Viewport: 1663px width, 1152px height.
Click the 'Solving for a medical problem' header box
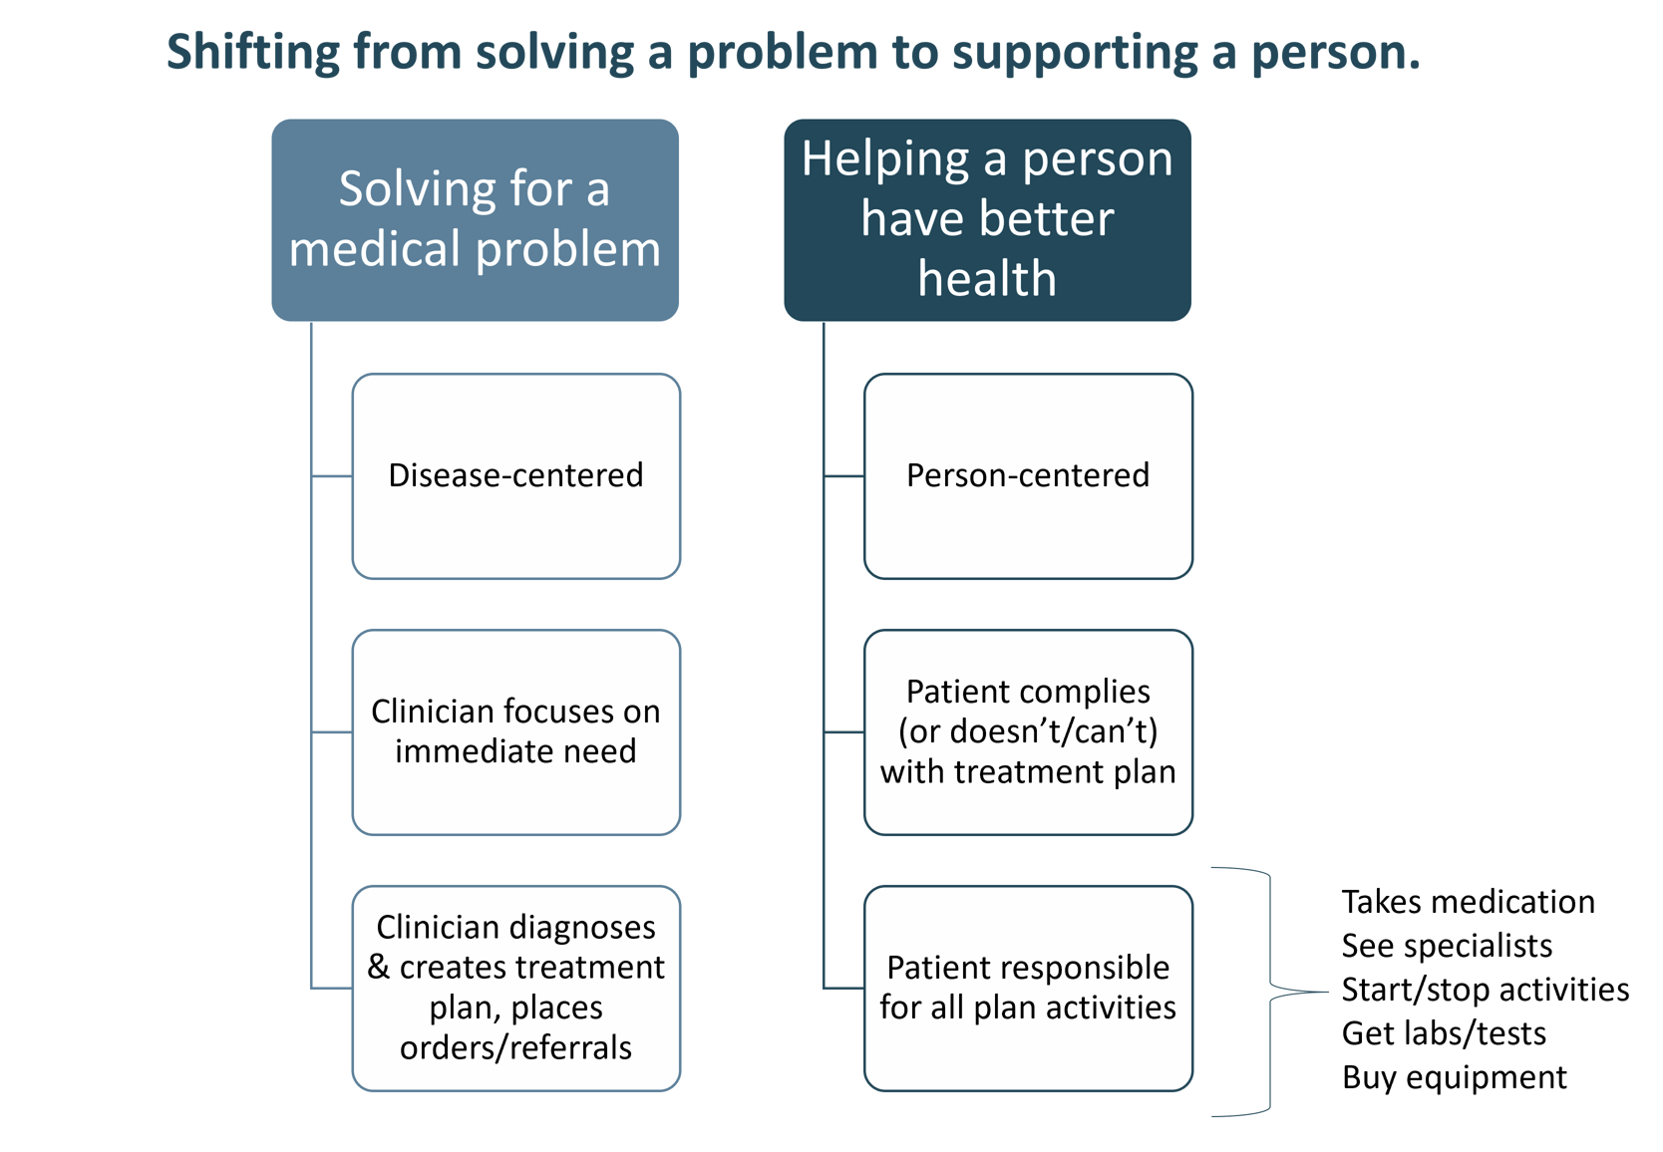pos(475,220)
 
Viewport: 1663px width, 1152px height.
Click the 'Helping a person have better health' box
pos(987,220)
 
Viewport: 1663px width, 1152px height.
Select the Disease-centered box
pos(515,476)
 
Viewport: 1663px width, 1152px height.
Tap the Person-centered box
pos(1028,476)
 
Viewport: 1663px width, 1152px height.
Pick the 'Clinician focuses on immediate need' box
pos(515,732)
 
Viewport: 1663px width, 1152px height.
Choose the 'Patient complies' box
pos(1028,732)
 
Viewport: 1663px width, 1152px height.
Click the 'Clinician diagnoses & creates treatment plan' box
pos(515,988)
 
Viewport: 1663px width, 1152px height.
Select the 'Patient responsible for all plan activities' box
pos(1028,988)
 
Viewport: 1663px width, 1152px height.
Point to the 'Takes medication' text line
pos(1467,902)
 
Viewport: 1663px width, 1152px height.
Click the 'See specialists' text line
pos(1446,946)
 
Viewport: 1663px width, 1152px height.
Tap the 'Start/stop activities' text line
pos(1485,990)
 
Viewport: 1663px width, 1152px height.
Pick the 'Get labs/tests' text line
pos(1443,1033)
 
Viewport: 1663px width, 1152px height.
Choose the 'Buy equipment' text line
pos(1454,1077)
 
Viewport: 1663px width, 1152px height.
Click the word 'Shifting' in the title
pos(252,52)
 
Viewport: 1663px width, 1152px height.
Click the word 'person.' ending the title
pos(1335,52)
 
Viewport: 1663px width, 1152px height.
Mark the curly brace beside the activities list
pos(1269,992)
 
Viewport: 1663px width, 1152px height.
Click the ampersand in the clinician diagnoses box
pos(378,968)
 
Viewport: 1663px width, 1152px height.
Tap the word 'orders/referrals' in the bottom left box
pos(515,1047)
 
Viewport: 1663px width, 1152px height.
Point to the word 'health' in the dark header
pos(987,278)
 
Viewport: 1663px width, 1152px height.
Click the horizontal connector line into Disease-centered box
pos(332,476)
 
